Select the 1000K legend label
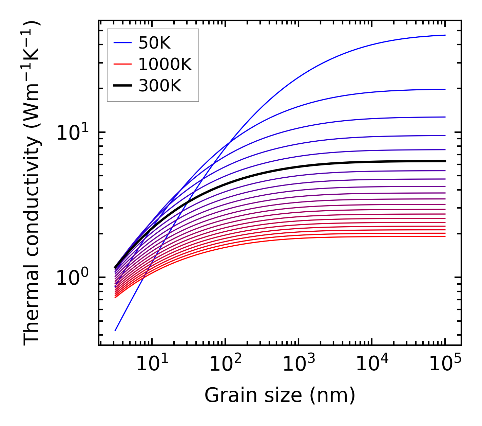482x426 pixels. point(165,64)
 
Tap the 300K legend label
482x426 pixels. point(160,86)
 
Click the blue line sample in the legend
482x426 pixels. point(122,43)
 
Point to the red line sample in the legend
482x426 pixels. point(122,64)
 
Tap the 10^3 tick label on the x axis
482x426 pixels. point(298,364)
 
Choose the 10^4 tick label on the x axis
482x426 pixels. point(371,364)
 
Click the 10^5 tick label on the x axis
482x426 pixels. point(445,364)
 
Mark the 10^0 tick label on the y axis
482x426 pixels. point(72,278)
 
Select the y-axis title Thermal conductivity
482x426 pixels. point(32,183)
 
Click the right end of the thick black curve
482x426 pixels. point(445,161)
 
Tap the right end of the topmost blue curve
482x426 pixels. point(445,35)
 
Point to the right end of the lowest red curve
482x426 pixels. point(445,236)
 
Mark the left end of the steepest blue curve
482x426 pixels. point(115,330)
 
